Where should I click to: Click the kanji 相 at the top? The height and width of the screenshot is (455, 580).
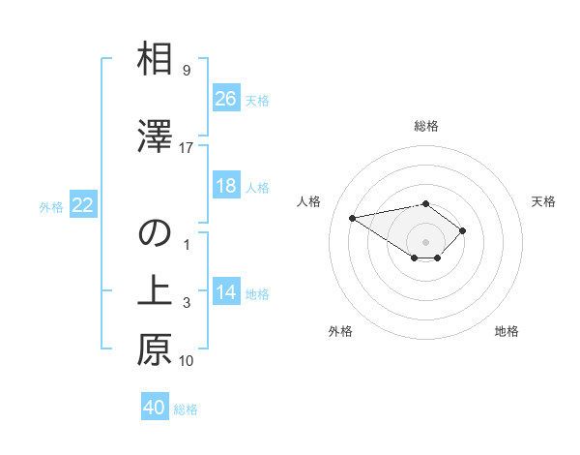[155, 60]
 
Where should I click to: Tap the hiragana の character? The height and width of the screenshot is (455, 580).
[155, 233]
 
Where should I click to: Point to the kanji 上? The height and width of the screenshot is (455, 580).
[155, 291]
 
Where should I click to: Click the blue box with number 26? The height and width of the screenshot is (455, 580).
[226, 99]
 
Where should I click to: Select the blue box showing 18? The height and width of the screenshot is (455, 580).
[226, 186]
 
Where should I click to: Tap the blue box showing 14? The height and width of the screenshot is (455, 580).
[226, 292]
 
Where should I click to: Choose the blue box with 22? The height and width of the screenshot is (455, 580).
[83, 205]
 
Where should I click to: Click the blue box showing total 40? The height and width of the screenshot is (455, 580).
[155, 408]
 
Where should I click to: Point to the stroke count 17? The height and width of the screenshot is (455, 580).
[187, 148]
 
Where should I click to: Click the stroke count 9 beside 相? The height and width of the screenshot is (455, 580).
[187, 71]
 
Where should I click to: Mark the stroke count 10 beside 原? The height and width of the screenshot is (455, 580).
[187, 361]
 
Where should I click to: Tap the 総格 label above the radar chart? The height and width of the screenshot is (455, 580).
[426, 126]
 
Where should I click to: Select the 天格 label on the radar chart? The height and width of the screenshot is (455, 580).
[544, 201]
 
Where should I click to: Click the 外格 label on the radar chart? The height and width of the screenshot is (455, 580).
[340, 331]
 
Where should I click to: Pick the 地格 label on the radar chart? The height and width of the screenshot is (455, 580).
[507, 331]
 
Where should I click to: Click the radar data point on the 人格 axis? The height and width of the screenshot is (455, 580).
[353, 217]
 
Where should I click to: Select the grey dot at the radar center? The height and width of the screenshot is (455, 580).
[426, 242]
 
